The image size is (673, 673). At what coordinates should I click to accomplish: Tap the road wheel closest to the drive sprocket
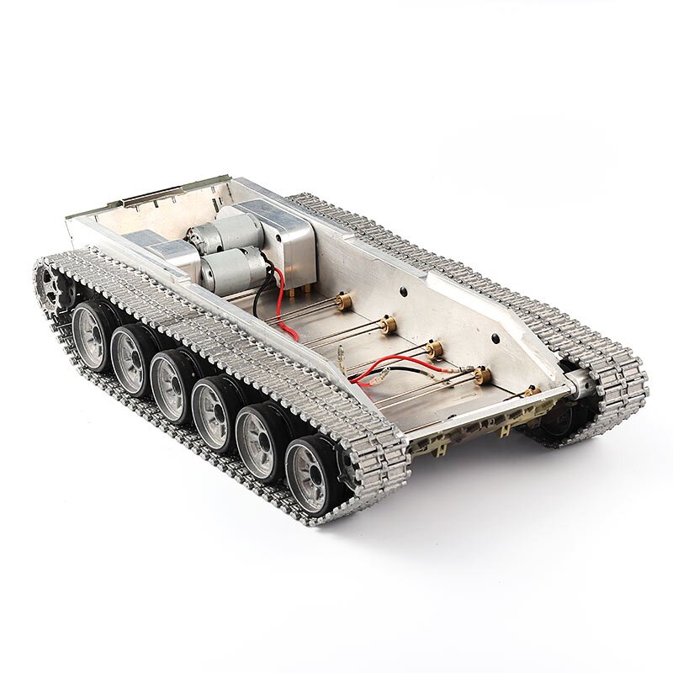click(92, 336)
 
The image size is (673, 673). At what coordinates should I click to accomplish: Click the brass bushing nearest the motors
click(343, 301)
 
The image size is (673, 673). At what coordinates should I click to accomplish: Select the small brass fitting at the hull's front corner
click(532, 391)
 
